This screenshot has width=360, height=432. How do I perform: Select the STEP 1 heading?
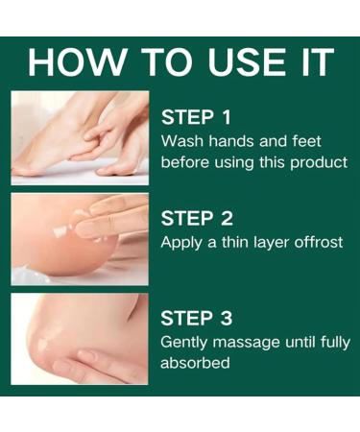(x=196, y=117)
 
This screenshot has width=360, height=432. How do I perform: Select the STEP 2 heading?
(x=196, y=217)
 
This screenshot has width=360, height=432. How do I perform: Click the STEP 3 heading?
(x=196, y=318)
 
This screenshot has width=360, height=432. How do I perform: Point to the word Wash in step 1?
(x=182, y=141)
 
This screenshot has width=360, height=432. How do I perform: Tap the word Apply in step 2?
(x=182, y=242)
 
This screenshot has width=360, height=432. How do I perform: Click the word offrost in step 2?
(x=317, y=242)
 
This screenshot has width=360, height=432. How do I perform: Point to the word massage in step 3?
(x=250, y=342)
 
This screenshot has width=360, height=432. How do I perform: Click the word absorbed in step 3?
(x=196, y=364)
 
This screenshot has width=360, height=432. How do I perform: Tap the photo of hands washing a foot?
(x=80, y=136)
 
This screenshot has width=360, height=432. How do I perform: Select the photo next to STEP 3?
(x=80, y=338)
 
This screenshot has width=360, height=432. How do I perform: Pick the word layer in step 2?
(x=273, y=242)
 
